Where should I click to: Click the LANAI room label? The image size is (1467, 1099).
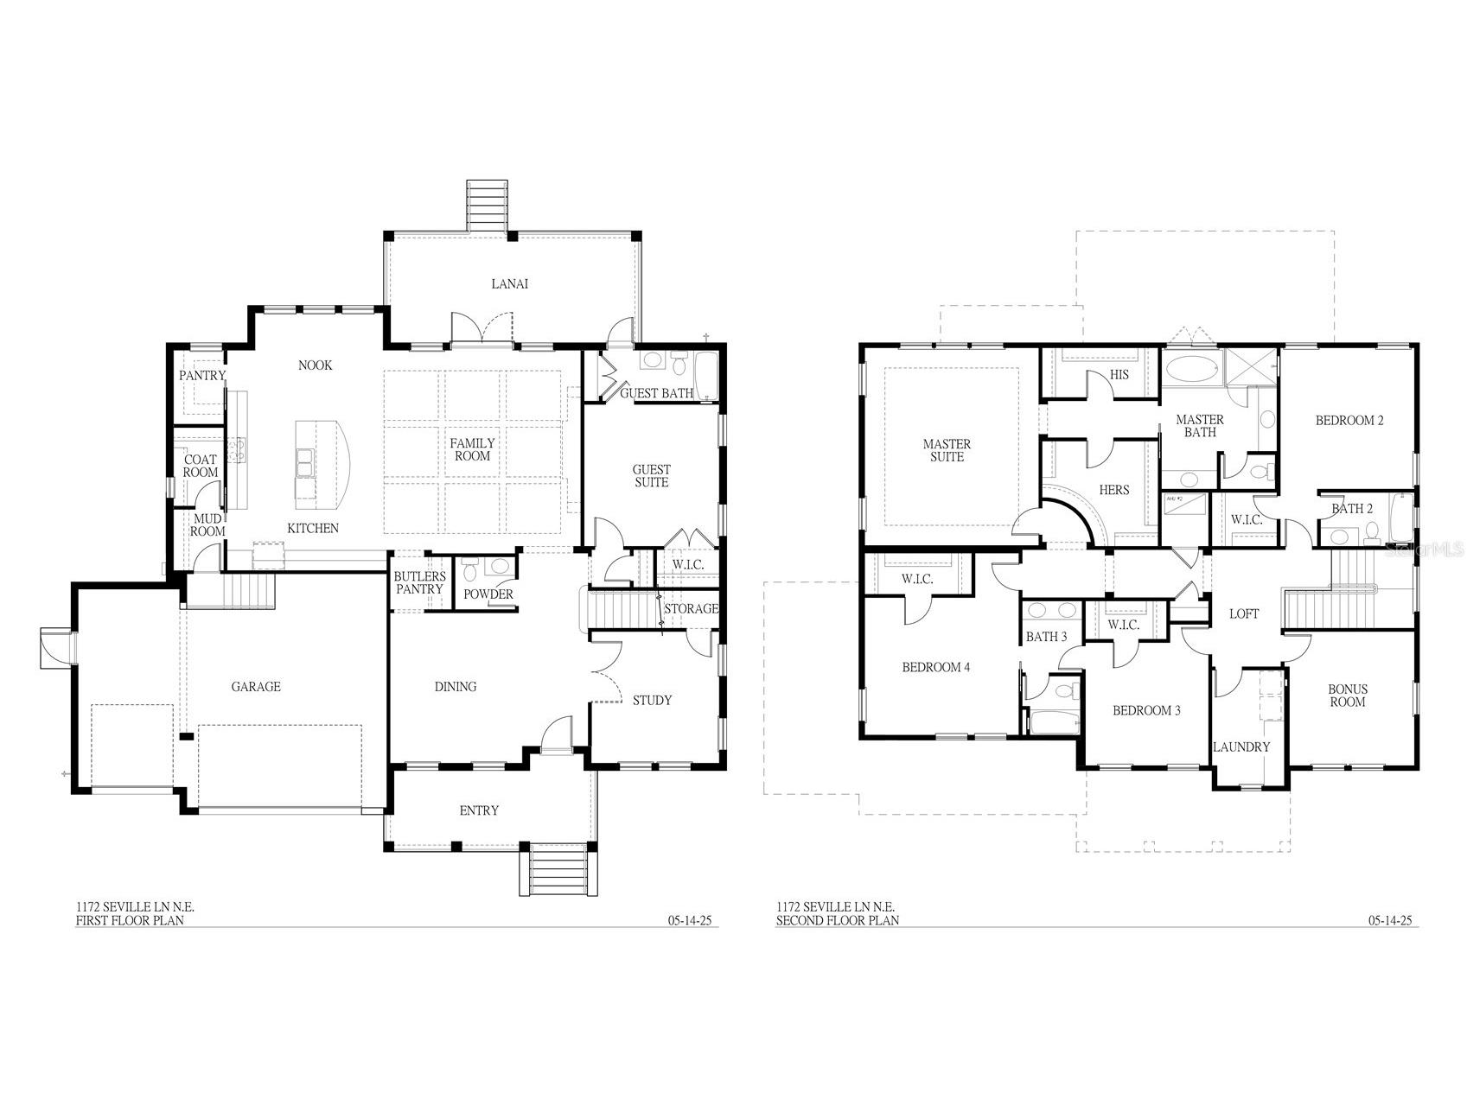[x=509, y=283]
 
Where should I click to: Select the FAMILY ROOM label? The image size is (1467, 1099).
[x=472, y=449]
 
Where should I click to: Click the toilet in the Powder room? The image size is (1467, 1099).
[x=470, y=570]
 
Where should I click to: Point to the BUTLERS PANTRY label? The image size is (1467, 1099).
[x=419, y=583]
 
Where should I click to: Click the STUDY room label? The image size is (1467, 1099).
[x=652, y=700]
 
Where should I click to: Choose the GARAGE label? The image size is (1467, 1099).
[x=256, y=687]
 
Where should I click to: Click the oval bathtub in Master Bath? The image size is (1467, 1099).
[x=1190, y=370]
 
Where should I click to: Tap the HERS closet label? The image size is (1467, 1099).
[x=1114, y=490]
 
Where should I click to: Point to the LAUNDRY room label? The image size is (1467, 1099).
[x=1241, y=747]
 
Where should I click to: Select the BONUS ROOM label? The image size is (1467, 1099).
[x=1348, y=696]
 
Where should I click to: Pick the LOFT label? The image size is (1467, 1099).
[x=1244, y=613]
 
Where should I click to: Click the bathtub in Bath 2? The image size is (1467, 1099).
[x=1401, y=516]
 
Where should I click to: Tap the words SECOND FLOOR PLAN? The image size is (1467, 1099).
[x=837, y=920]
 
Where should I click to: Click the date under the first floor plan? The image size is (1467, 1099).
[x=690, y=921]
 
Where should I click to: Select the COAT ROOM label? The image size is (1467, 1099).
[x=201, y=467]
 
